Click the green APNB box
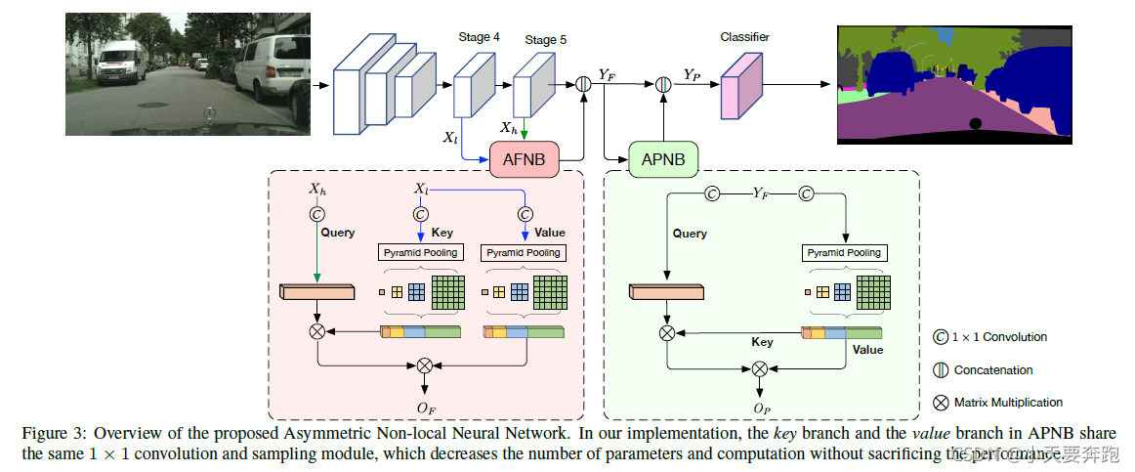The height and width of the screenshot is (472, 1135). [x=663, y=158]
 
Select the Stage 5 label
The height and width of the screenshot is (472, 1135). [x=545, y=40]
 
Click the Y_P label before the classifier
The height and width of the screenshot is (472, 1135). [x=692, y=74]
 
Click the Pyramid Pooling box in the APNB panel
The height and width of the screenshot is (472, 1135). [x=843, y=253]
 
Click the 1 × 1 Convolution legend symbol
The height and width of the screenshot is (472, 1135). [x=940, y=337]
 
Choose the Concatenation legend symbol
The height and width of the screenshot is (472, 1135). [x=940, y=370]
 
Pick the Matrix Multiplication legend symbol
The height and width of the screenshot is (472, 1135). [x=940, y=402]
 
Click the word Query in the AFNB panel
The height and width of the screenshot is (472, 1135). [x=338, y=234]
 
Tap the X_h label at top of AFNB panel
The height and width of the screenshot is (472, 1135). [x=317, y=189]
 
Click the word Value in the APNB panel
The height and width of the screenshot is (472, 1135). [x=866, y=349]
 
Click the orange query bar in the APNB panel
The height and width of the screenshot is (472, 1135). [x=666, y=292]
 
